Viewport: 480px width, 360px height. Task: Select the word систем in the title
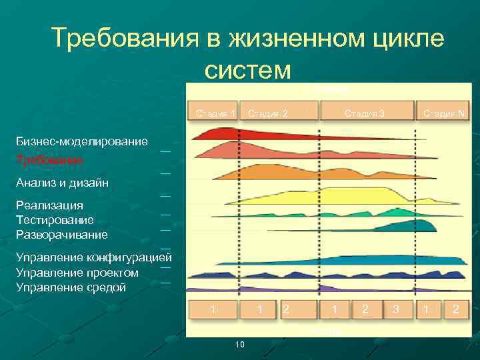point(248,69)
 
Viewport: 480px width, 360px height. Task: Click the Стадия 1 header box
point(213,113)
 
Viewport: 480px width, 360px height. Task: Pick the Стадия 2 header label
point(268,113)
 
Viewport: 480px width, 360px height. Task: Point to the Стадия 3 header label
point(364,113)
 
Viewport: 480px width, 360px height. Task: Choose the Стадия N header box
point(443,113)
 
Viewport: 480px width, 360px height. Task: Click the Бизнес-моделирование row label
point(82,141)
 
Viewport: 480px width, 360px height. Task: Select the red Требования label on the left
point(49,161)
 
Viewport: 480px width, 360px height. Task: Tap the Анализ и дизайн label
point(63,183)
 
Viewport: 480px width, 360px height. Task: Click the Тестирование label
point(55,220)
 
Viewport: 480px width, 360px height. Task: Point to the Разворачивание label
point(62,235)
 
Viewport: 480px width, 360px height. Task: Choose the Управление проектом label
point(77,273)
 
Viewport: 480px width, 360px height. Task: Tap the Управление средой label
point(71,287)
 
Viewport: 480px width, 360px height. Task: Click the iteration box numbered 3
point(395,309)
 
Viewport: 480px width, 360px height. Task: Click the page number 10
point(240,344)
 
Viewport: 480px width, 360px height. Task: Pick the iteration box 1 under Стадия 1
point(212,309)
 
